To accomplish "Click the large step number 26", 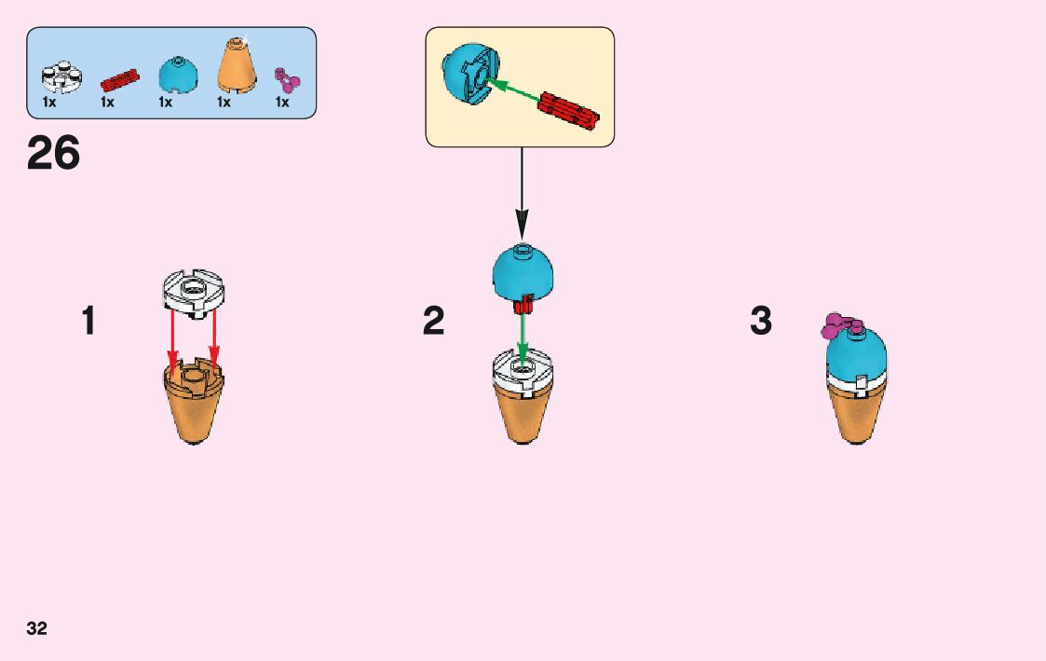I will click(x=54, y=154).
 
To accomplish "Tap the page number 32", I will click(x=36, y=628).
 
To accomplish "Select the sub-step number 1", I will click(x=88, y=322).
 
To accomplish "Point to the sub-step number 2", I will click(x=433, y=322).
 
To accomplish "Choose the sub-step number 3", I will click(x=761, y=322).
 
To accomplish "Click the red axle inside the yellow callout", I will click(x=567, y=113).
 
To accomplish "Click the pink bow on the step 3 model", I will click(x=838, y=325).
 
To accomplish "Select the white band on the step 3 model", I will click(x=857, y=382).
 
